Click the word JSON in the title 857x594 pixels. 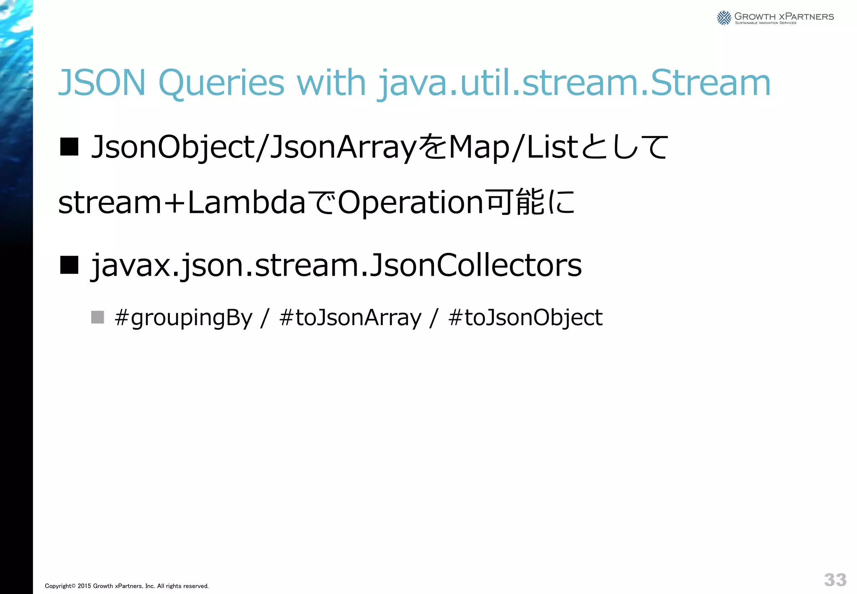102,83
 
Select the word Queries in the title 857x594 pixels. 221,83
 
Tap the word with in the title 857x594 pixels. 331,83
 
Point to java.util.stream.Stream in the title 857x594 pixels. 574,83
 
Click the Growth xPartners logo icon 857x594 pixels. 724,18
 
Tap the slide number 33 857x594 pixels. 835,580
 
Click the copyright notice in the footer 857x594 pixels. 127,586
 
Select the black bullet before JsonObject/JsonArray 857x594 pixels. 69,147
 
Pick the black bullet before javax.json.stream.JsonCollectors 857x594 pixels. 69,265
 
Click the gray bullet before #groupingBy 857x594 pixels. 98,317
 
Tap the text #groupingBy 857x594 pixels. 184,318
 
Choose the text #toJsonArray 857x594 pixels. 350,318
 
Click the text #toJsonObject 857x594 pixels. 525,318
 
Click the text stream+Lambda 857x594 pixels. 182,202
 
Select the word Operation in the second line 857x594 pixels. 411,202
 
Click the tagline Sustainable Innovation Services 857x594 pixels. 765,23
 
